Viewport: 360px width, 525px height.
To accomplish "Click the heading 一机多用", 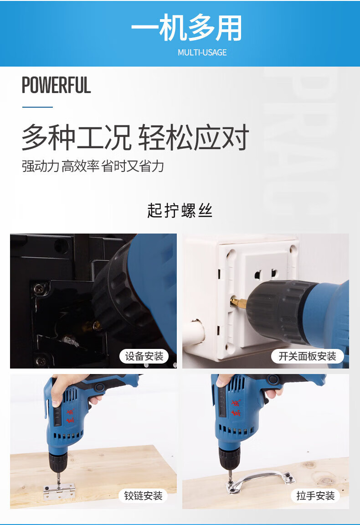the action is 186,27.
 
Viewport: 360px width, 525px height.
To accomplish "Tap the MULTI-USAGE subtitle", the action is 202,52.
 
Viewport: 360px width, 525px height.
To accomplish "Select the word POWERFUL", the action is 56,85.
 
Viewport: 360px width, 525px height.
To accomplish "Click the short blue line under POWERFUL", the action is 37,107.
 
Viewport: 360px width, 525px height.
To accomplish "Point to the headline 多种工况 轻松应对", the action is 135,137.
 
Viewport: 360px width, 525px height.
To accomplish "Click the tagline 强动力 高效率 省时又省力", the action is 93,166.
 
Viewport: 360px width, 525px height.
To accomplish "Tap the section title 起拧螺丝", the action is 180,211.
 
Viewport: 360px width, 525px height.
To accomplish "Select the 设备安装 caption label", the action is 144,356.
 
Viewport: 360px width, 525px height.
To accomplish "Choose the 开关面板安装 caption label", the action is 308,356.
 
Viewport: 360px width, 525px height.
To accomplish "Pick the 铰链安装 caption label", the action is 143,495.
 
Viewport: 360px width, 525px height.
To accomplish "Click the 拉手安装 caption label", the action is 315,495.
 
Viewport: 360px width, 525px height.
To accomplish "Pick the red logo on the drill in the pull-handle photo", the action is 236,408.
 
